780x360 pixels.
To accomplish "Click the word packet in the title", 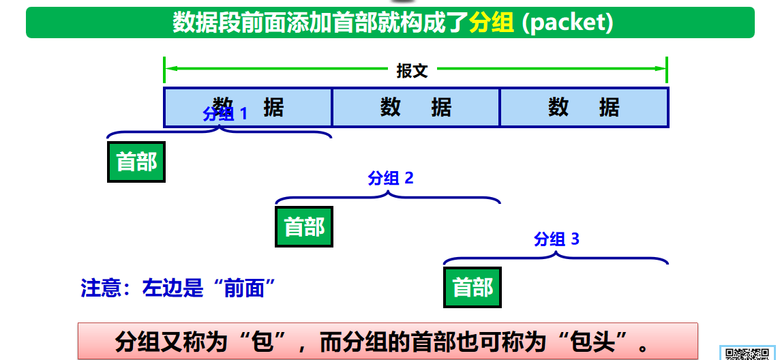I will point(569,22).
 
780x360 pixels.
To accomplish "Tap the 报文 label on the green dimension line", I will point(412,70).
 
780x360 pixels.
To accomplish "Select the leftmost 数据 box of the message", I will point(248,107).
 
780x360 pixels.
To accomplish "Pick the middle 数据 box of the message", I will point(416,107).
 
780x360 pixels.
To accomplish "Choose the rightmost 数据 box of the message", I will point(584,107).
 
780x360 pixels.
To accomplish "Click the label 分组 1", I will point(226,114).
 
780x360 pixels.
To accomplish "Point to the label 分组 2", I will point(391,179).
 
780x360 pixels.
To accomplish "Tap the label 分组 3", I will point(556,239).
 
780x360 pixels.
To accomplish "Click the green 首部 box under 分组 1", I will point(136,162).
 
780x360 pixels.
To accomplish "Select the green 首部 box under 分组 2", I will point(304,226).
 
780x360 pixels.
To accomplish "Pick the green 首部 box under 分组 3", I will point(472,287).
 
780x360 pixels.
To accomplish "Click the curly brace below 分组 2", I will point(388,197).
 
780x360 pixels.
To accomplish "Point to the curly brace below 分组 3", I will point(556,258).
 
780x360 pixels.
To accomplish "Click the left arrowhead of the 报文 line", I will point(170,69).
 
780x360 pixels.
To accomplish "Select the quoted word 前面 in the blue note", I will point(243,288).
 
